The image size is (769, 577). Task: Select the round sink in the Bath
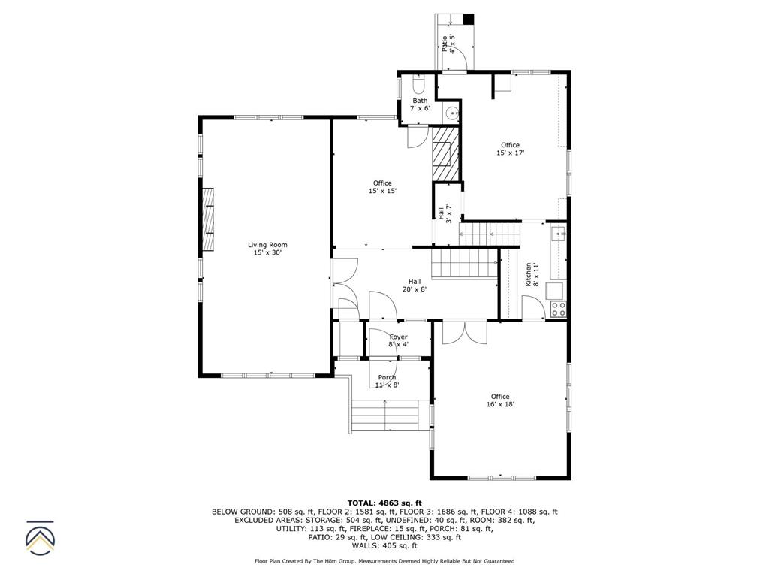(x=451, y=113)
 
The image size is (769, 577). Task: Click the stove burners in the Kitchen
(x=558, y=308)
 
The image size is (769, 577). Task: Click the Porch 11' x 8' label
(x=387, y=381)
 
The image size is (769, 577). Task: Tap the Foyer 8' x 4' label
(x=398, y=340)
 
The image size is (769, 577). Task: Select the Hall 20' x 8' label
(x=415, y=285)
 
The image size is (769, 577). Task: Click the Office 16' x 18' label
(x=500, y=400)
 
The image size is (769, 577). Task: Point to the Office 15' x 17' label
(x=510, y=149)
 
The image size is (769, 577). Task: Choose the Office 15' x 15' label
(x=382, y=187)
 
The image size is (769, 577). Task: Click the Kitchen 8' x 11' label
(x=532, y=275)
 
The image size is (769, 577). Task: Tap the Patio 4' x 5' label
(x=448, y=44)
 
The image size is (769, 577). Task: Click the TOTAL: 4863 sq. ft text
(x=384, y=503)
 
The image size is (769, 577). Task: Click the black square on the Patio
(x=469, y=19)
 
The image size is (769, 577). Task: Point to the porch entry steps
(x=384, y=415)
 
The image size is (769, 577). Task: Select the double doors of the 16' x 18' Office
(x=464, y=332)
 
